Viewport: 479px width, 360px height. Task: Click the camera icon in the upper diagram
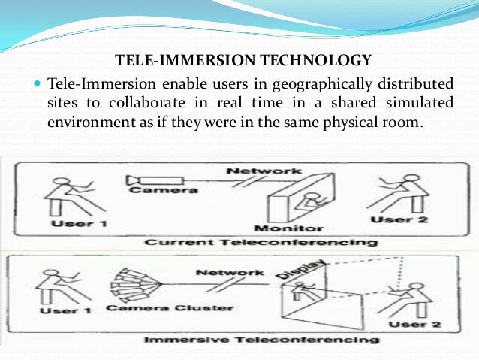click(x=150, y=180)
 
